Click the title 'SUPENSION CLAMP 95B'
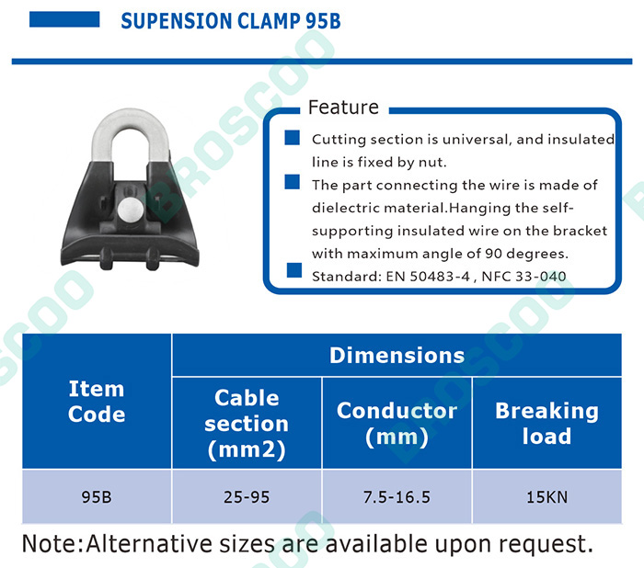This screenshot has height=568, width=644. (x=231, y=21)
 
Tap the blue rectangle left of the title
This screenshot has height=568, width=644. (x=64, y=19)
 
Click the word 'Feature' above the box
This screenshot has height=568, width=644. (x=343, y=108)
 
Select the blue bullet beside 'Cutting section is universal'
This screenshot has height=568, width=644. (x=292, y=138)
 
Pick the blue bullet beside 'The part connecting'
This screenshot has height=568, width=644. (x=292, y=182)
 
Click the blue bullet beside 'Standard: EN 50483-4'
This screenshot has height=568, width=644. (x=294, y=270)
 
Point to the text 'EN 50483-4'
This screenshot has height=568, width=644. (x=428, y=277)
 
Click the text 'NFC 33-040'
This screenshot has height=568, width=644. (x=523, y=277)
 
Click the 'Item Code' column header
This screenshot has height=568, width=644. (x=97, y=401)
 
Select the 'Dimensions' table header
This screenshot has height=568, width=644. (x=397, y=355)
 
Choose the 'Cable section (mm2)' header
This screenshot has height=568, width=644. (x=247, y=423)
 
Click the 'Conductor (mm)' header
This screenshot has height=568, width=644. (x=397, y=423)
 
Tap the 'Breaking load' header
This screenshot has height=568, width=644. (x=547, y=423)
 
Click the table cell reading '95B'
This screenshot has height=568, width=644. (x=97, y=496)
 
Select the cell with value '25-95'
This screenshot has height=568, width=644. (x=247, y=496)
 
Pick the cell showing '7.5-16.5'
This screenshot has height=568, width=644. (x=397, y=496)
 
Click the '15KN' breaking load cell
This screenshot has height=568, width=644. (x=547, y=496)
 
